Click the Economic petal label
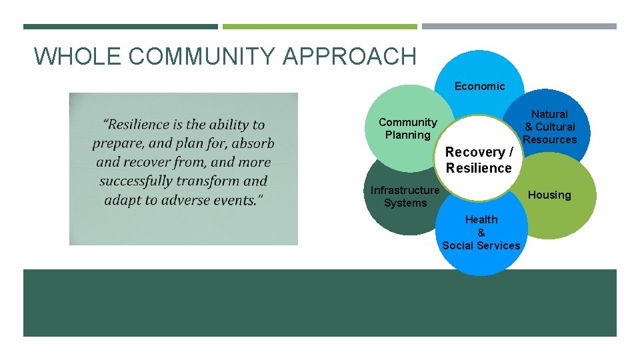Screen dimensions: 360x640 coord(479,86)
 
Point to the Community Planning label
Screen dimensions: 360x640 coord(407,129)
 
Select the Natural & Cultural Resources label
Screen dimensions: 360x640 coord(549,127)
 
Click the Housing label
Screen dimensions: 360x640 coord(549,195)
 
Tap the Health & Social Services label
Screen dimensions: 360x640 coord(481,233)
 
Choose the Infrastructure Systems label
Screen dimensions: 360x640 coord(405,197)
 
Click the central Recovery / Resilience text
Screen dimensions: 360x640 coord(479,160)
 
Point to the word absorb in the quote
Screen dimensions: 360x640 coord(253,143)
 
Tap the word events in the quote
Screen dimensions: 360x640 coord(237,200)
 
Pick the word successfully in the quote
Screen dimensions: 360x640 coord(141,181)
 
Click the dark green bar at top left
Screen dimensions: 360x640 coord(120,27)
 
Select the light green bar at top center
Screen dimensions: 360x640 coord(319,27)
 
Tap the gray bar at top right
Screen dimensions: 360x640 coord(519,27)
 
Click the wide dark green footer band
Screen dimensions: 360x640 coord(319,303)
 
